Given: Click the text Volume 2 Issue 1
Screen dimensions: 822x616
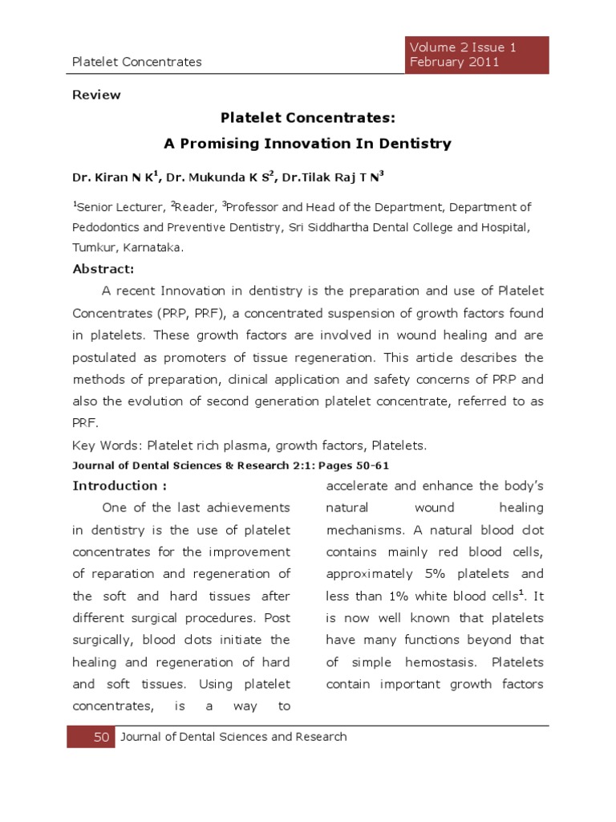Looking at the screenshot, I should [x=463, y=47].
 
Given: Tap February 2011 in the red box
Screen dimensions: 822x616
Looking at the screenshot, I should [x=454, y=62].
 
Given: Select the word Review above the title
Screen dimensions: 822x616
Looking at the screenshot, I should [x=96, y=95].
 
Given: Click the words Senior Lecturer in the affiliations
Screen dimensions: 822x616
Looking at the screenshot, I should [x=119, y=207].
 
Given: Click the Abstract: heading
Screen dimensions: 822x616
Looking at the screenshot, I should [x=103, y=269].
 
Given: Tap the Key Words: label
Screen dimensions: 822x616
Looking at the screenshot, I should [x=100, y=445].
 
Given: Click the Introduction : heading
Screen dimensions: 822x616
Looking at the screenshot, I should [x=120, y=486].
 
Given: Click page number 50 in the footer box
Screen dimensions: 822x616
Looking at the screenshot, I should [x=101, y=737].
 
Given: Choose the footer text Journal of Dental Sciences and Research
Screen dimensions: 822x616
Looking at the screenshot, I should [x=233, y=737].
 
